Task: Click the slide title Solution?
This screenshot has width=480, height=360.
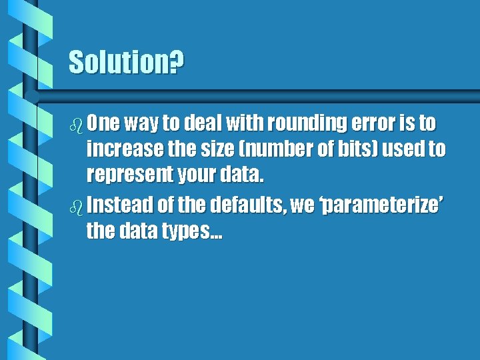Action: coord(127,63)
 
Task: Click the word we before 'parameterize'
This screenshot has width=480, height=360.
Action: coord(303,205)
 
